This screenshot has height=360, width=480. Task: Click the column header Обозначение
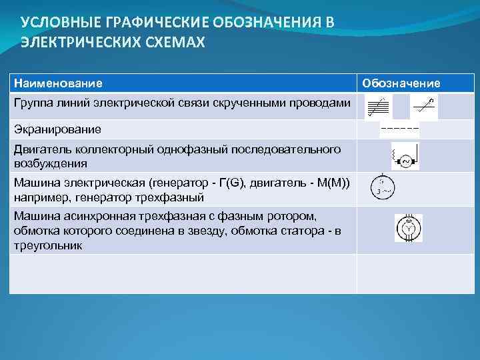(x=401, y=83)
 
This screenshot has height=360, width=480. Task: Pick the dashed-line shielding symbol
(x=399, y=127)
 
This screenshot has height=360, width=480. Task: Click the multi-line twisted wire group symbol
(x=379, y=107)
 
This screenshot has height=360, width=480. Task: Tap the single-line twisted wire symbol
(x=423, y=105)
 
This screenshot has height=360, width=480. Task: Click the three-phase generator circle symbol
(x=381, y=189)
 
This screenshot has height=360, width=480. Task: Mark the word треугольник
(x=48, y=245)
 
